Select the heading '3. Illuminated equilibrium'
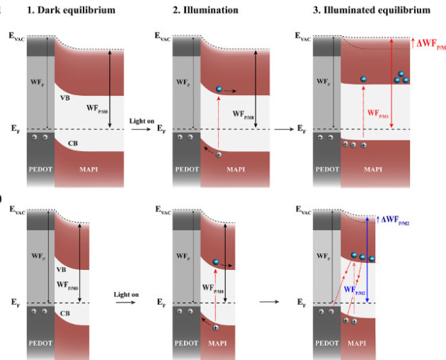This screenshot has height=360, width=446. coord(365,11)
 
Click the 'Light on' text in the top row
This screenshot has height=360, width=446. coord(140,121)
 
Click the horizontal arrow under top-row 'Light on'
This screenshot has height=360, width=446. coord(140,129)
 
